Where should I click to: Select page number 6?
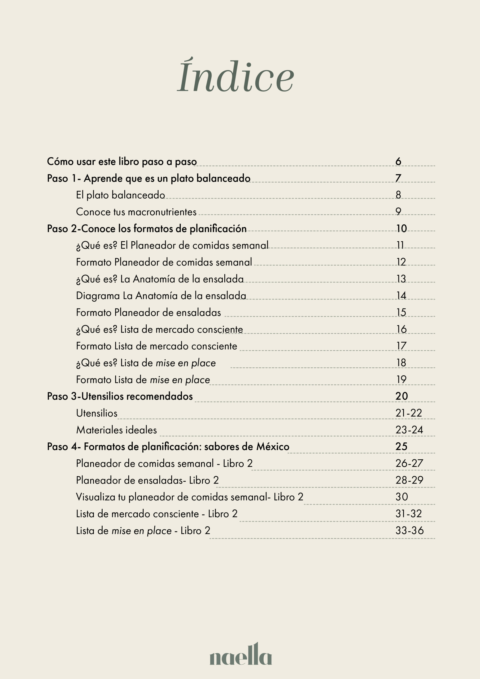click(398, 162)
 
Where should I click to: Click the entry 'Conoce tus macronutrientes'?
click(136, 212)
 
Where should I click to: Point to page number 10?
click(401, 228)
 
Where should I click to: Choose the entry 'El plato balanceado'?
click(120, 195)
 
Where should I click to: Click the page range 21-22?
click(408, 413)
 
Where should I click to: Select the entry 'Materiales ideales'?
click(116, 430)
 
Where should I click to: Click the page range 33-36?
click(409, 530)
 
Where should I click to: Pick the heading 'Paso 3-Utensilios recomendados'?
click(120, 396)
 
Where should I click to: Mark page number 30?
click(402, 497)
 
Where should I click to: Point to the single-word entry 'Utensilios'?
click(97, 413)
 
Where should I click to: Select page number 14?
click(401, 295)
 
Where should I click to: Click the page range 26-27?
click(409, 463)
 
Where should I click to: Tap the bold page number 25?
click(401, 446)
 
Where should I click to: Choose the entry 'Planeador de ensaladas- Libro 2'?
click(147, 480)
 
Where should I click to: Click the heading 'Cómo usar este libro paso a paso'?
click(122, 162)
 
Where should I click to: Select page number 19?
click(401, 380)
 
